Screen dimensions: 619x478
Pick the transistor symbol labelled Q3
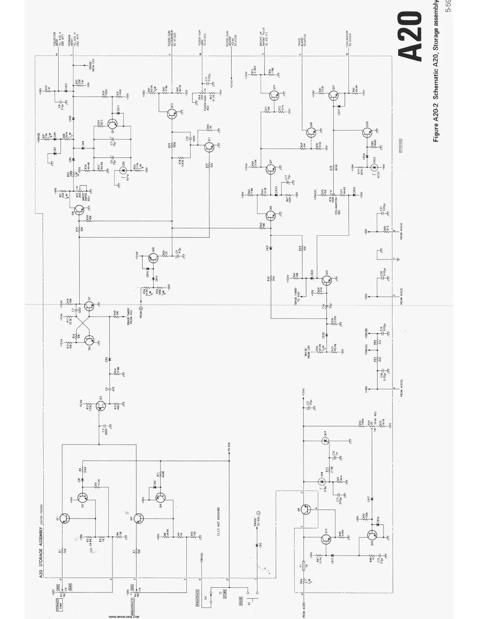[x=139, y=518]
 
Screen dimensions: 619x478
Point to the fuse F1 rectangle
[x=303, y=565]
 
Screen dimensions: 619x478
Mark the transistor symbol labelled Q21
[x=333, y=96]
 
